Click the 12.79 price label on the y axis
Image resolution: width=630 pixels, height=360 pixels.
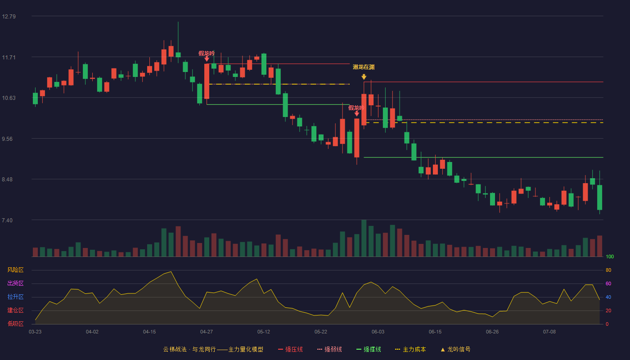(x=9, y=17)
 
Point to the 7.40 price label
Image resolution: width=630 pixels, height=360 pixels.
(x=7, y=220)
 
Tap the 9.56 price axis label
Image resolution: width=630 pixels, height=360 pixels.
(x=7, y=139)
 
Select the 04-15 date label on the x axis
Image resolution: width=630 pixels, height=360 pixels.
(x=149, y=332)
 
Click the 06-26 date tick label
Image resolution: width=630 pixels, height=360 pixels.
(x=492, y=332)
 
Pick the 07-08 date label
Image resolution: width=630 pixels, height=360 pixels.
(x=549, y=332)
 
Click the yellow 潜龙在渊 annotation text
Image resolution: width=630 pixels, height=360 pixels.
(x=364, y=67)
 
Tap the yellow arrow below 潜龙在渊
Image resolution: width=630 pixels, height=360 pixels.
(x=364, y=77)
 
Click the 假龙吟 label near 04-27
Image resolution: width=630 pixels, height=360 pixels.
(x=207, y=54)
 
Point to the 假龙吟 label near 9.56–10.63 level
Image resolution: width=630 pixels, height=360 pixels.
(x=356, y=108)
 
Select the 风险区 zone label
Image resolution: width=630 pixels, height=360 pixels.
(x=15, y=270)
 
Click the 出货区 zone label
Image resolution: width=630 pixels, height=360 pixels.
(x=15, y=283)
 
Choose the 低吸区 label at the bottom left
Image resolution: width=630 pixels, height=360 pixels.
(x=15, y=324)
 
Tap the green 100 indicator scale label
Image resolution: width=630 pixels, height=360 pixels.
(x=610, y=256)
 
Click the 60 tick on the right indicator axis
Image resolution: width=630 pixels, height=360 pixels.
(x=608, y=283)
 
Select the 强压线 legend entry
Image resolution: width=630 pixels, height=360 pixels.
(x=290, y=349)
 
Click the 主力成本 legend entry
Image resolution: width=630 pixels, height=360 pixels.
(x=410, y=349)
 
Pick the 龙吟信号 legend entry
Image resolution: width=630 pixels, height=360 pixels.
(x=455, y=349)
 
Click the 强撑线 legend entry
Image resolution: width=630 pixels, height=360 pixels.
(x=369, y=349)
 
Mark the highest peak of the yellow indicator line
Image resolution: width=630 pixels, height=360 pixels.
(x=171, y=272)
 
